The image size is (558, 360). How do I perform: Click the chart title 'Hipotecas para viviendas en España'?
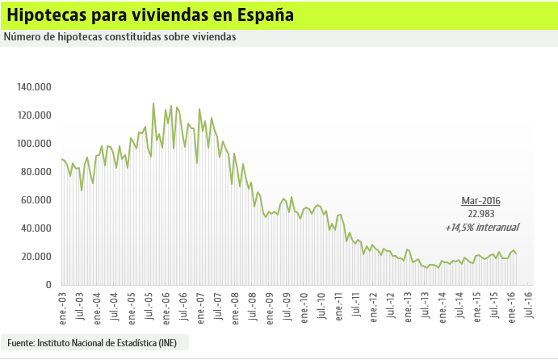(x=150, y=15)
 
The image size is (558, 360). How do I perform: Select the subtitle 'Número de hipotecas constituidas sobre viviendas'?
(x=120, y=37)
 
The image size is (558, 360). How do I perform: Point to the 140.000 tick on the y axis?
(x=34, y=87)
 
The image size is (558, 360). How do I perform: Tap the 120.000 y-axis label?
(x=34, y=115)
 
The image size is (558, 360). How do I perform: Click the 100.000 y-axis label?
(x=34, y=144)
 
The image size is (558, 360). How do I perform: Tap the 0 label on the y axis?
(x=48, y=285)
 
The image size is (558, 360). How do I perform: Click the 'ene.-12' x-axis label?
(x=373, y=303)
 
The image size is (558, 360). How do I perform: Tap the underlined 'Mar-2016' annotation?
(x=481, y=200)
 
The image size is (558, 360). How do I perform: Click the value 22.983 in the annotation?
(x=481, y=214)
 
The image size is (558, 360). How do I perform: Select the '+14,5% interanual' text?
(x=481, y=228)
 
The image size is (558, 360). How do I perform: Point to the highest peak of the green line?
(x=153, y=103)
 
